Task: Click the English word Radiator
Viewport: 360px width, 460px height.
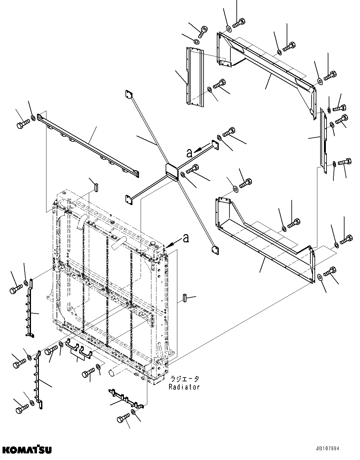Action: click(184, 387)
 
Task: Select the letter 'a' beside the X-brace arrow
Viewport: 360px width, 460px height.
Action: click(189, 153)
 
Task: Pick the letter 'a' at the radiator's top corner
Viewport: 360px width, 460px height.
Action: click(186, 238)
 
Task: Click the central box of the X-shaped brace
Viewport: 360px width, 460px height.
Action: click(172, 172)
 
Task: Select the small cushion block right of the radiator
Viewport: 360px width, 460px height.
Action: click(185, 298)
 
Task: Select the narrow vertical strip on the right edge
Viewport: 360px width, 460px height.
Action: click(324, 141)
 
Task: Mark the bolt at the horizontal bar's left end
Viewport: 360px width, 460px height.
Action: click(22, 123)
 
